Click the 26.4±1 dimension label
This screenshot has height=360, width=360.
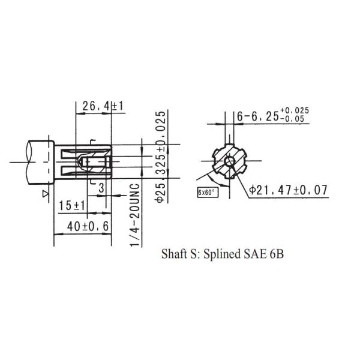click(103, 106)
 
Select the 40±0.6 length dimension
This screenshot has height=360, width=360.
click(88, 227)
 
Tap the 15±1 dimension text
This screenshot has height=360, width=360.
click(72, 205)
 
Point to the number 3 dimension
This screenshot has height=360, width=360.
click(101, 188)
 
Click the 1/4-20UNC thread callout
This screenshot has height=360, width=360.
click(135, 215)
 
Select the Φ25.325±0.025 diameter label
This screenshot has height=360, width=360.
click(160, 157)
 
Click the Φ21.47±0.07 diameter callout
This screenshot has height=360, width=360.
click(289, 190)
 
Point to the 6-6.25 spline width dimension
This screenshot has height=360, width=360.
click(258, 116)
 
